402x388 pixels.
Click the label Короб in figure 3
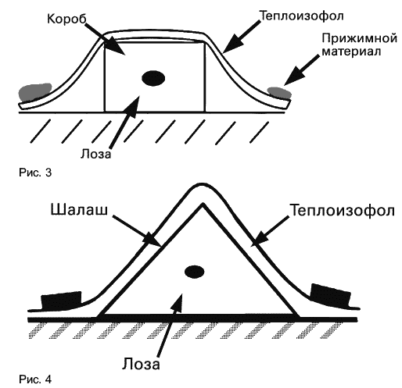pyautogui.click(x=66, y=19)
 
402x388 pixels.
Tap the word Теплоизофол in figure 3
pyautogui.click(x=301, y=16)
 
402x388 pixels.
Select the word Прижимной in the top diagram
pyautogui.click(x=360, y=39)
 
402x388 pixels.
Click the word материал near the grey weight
pyautogui.click(x=351, y=52)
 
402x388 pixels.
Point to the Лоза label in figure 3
pyautogui.click(x=96, y=154)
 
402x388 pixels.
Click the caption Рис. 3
pyautogui.click(x=35, y=173)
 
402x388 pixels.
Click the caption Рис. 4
pyautogui.click(x=35, y=379)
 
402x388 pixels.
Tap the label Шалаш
pyautogui.click(x=79, y=209)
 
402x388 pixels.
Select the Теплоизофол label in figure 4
pyautogui.click(x=343, y=210)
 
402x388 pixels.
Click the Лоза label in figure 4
pyautogui.click(x=141, y=363)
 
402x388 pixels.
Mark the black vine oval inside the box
pyautogui.click(x=153, y=78)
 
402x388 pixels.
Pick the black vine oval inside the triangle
pyautogui.click(x=194, y=272)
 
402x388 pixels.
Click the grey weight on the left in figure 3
pyautogui.click(x=35, y=92)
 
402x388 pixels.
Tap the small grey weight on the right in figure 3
pyautogui.click(x=279, y=92)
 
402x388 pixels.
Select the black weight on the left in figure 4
pyautogui.click(x=62, y=301)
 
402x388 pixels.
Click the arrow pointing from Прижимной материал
pyautogui.click(x=302, y=69)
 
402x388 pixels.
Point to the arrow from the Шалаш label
pyautogui.click(x=137, y=230)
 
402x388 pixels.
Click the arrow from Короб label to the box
pyautogui.click(x=105, y=39)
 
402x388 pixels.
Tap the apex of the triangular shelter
pyautogui.click(x=203, y=205)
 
